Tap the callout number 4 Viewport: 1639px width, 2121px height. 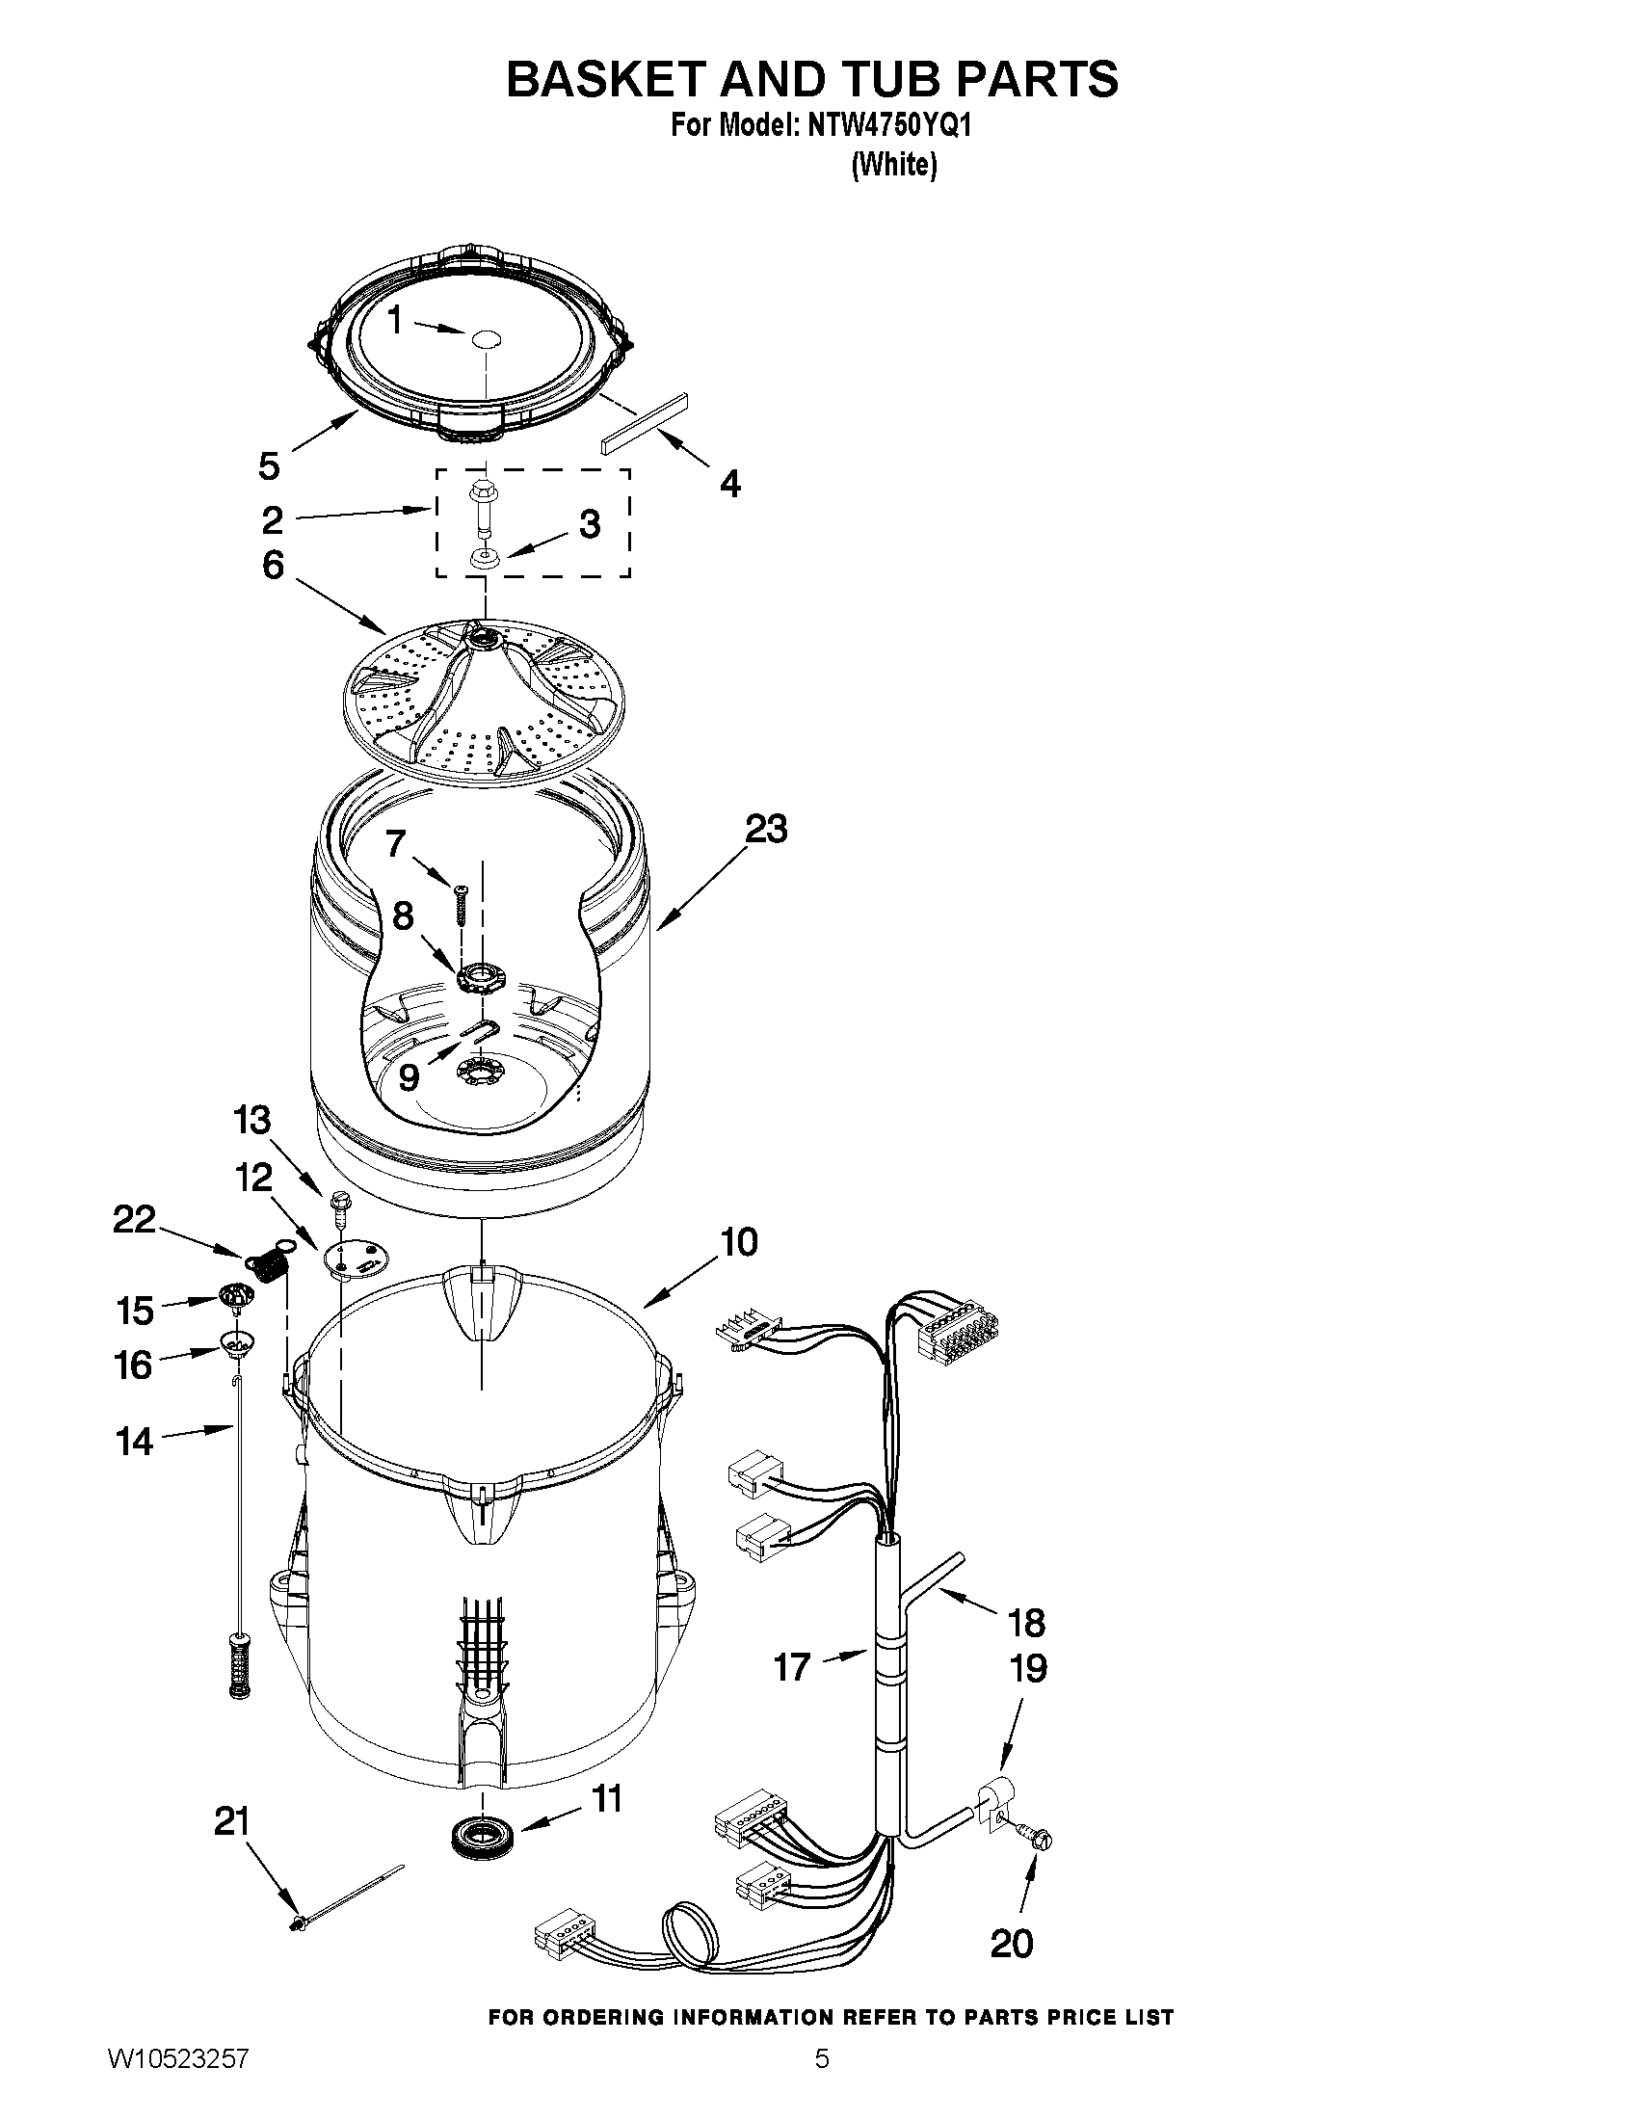point(730,483)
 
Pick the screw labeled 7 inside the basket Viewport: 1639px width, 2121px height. point(461,903)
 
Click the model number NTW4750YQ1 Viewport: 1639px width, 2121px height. point(887,127)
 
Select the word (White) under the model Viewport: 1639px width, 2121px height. point(893,166)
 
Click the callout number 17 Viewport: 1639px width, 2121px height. point(791,1667)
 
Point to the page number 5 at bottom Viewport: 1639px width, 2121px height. point(822,2086)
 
